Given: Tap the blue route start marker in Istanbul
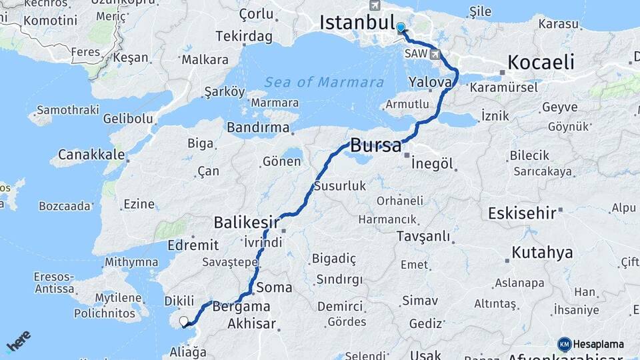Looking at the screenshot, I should point(400,28).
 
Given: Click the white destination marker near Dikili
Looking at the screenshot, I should point(184,322).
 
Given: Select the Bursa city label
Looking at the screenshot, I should point(375,145).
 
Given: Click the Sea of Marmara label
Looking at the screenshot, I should point(324,82).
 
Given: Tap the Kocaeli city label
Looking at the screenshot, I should point(541,63).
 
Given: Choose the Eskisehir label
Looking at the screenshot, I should point(522,213).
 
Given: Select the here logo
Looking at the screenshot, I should point(19,341).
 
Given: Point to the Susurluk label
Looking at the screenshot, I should point(339,186).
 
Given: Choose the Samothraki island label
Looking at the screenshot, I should point(67,109).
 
